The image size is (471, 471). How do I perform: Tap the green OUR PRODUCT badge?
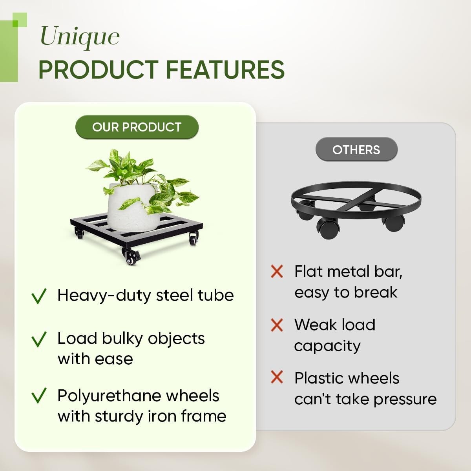[x=137, y=127]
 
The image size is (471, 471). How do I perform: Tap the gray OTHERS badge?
[x=356, y=150]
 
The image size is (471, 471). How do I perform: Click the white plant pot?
[x=131, y=206]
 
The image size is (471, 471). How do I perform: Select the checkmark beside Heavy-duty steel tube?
[x=39, y=296]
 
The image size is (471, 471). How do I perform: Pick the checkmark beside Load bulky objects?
[x=39, y=339]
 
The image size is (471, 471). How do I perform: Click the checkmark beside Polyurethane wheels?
[x=39, y=396]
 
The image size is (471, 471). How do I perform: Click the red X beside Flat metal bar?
[x=277, y=272]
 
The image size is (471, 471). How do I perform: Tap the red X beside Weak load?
[x=277, y=325]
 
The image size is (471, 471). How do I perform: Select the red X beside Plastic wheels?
[x=277, y=377]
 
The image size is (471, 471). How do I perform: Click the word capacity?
[x=327, y=347]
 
